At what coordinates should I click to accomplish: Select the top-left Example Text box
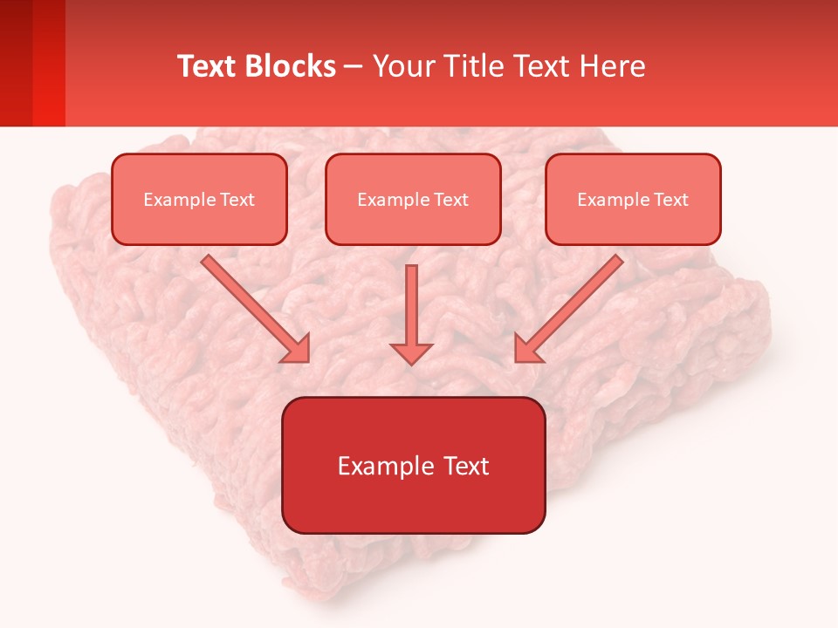tap(199, 199)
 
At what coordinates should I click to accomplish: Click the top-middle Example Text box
tap(413, 199)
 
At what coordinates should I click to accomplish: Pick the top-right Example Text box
tap(633, 199)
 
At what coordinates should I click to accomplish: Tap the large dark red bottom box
tap(413, 465)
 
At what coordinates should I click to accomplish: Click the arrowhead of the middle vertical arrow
tap(411, 352)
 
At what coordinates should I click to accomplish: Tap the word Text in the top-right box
tap(670, 200)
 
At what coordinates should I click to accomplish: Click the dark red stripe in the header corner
tap(16, 63)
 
